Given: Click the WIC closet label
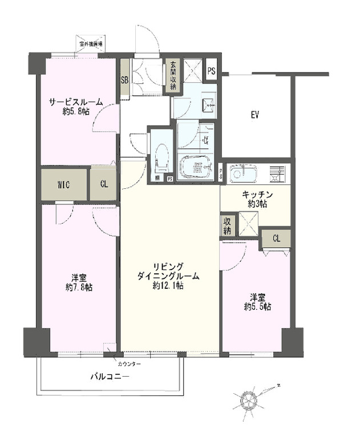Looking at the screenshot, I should coord(63,185).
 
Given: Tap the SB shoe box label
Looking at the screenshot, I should coord(124,80).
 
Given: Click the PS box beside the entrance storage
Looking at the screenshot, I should coord(211,71).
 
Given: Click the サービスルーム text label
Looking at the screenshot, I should coord(75,102).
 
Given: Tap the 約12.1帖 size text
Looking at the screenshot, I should coord(168,285).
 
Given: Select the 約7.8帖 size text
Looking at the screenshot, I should coord(78,287).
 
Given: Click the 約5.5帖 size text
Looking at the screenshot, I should coord(257,306).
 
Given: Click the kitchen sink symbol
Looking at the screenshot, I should coord(244,173).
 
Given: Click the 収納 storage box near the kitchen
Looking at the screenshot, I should coord(228,226).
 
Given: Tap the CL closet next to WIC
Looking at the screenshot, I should coord(103,185).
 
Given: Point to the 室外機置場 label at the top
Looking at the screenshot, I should coord(91,43).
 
